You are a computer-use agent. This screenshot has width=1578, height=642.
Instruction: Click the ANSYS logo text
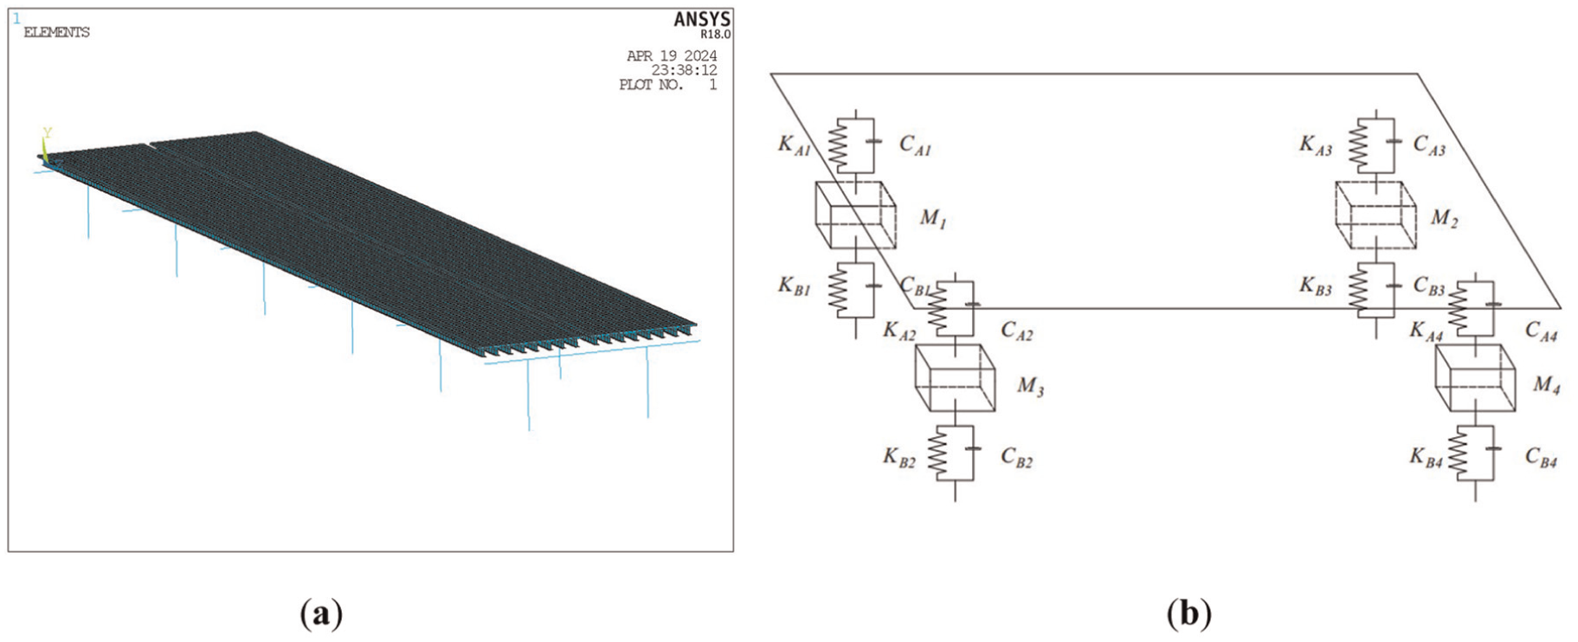pyautogui.click(x=702, y=19)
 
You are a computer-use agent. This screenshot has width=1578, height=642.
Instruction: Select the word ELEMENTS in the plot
pyautogui.click(x=56, y=32)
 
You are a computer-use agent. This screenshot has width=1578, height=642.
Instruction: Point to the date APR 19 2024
pyautogui.click(x=672, y=55)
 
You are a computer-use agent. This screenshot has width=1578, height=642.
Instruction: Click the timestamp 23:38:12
pyautogui.click(x=684, y=70)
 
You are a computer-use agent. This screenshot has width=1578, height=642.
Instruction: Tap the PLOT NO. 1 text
pyautogui.click(x=667, y=85)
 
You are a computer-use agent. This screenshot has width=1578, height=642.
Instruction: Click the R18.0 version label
pyautogui.click(x=716, y=35)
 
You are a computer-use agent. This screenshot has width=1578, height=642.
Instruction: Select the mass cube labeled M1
pyautogui.click(x=855, y=215)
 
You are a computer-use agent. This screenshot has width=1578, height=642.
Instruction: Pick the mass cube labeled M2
pyautogui.click(x=1375, y=215)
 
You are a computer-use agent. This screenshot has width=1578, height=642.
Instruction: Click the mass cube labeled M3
pyautogui.click(x=955, y=378)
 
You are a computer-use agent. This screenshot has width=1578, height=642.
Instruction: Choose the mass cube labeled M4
pyautogui.click(x=1475, y=378)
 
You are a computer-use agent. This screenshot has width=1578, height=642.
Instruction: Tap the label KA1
pyautogui.click(x=794, y=144)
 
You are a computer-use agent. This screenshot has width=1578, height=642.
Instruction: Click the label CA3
pyautogui.click(x=1429, y=144)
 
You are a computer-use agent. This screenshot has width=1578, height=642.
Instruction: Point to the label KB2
pyautogui.click(x=898, y=458)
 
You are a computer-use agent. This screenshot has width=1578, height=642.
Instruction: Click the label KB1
pyautogui.click(x=794, y=286)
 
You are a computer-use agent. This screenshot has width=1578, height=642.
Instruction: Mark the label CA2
pyautogui.click(x=1017, y=331)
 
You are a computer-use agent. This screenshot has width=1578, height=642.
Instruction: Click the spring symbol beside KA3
pyautogui.click(x=1360, y=146)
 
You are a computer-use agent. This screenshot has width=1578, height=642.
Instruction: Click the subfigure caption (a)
pyautogui.click(x=321, y=614)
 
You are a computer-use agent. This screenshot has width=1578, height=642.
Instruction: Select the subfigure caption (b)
pyautogui.click(x=1188, y=614)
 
